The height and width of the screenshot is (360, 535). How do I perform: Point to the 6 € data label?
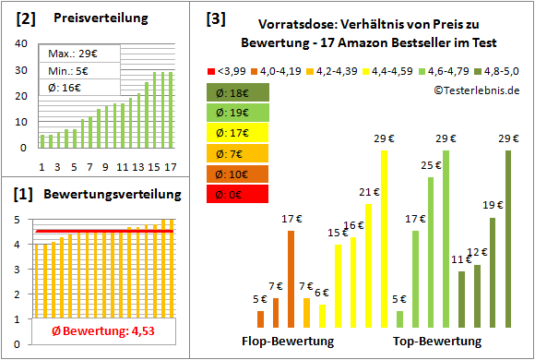pos(321,293)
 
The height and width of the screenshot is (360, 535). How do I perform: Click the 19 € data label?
pos(493,205)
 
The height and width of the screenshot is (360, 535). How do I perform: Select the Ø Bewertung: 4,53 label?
pos(91,332)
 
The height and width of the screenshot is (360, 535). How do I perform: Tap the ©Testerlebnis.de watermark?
pos(473,90)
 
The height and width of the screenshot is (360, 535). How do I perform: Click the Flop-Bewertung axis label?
pos(287,341)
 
